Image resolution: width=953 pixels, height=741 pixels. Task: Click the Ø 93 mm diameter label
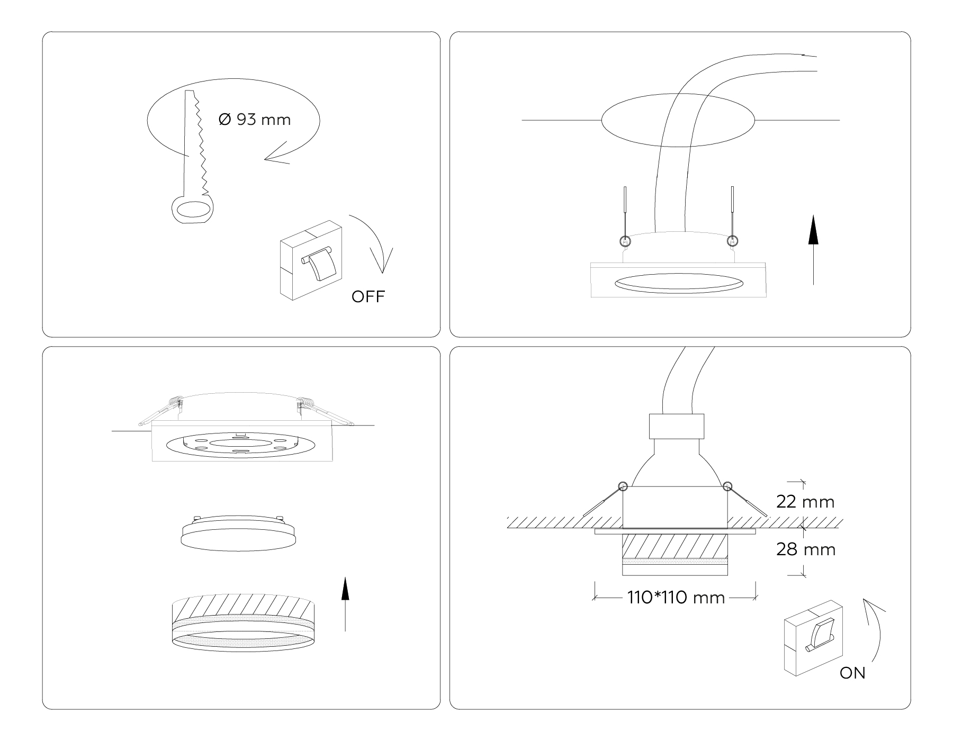point(255,120)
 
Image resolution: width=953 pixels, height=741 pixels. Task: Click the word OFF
point(368,296)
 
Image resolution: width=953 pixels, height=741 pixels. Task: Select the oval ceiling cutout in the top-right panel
point(678,120)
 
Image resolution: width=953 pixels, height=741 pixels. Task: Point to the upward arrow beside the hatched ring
point(345,603)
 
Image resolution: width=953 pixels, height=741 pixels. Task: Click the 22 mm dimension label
point(805,502)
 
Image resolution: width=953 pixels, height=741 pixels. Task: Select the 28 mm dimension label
point(806,549)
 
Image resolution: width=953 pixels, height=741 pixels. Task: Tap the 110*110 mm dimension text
point(676,598)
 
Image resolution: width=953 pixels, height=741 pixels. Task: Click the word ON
point(852,673)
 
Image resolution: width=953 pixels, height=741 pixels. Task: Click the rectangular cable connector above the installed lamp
point(677,426)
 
